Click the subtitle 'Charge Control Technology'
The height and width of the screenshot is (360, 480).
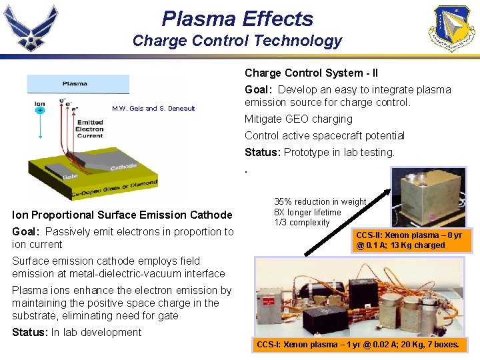[x=237, y=41]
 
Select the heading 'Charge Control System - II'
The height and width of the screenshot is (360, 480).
[x=311, y=73]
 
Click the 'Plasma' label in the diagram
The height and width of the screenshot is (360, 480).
[x=75, y=84]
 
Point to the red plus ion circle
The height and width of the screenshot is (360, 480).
[x=40, y=111]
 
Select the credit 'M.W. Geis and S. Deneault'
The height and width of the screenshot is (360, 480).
[x=153, y=109]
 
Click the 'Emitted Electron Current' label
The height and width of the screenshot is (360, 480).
[x=89, y=129]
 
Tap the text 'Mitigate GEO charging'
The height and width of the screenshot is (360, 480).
[x=299, y=119]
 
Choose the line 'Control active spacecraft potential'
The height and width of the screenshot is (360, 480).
[x=325, y=135]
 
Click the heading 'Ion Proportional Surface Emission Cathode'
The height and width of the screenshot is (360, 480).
[x=122, y=215]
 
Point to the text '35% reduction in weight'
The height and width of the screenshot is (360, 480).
[x=320, y=201]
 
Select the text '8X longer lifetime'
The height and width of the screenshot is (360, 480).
[x=307, y=212]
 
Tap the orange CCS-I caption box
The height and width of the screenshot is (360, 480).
[x=357, y=345]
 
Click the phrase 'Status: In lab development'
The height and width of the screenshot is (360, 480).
[x=77, y=332]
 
